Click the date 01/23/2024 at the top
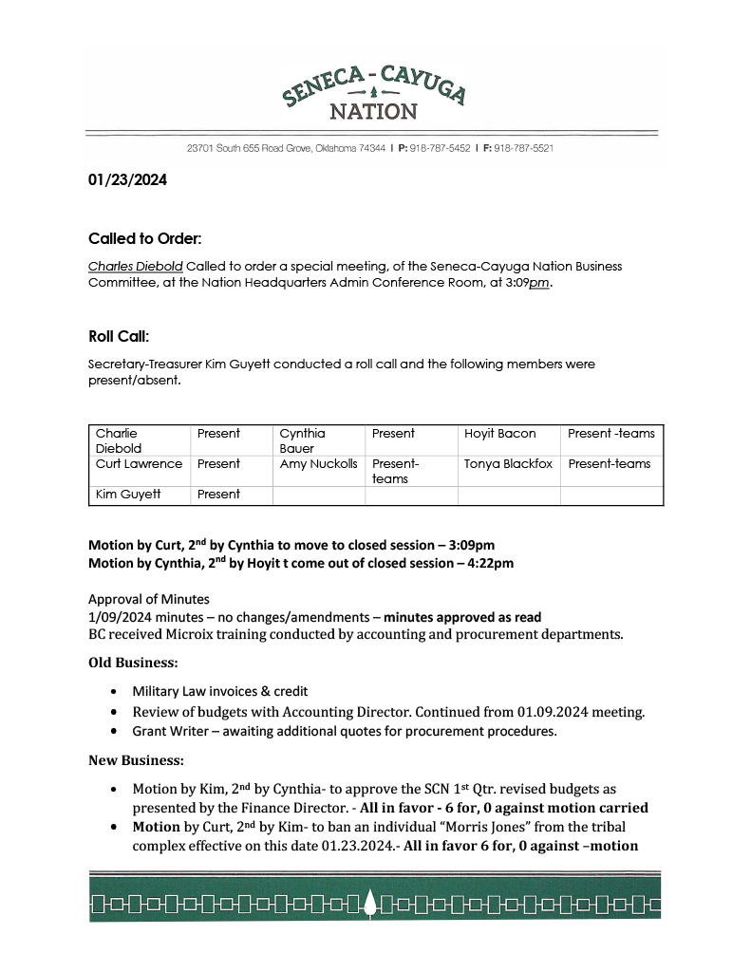click(127, 179)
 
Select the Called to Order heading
click(144, 237)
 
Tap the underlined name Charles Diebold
click(135, 267)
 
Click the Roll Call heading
click(119, 336)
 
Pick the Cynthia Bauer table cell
click(303, 440)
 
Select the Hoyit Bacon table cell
click(499, 434)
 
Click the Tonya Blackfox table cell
click(508, 464)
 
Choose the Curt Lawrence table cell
click(139, 464)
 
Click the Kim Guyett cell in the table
click(121, 495)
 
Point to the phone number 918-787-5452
click(440, 149)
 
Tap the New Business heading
click(136, 760)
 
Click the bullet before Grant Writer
click(114, 732)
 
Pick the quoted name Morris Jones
click(482, 828)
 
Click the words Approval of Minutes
click(149, 599)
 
